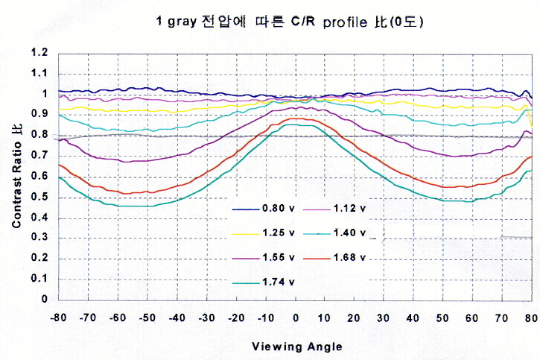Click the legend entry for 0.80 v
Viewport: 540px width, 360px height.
[x=264, y=209]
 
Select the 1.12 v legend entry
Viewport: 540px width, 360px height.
[x=334, y=209]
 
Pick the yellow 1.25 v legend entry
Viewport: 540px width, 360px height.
[x=264, y=233]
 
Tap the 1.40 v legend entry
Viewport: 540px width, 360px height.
[x=334, y=233]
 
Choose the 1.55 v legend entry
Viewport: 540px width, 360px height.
[x=264, y=257]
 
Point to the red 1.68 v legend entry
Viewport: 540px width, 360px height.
[x=334, y=257]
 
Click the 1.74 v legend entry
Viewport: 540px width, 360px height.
[x=264, y=282]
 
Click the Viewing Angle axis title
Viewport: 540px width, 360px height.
[x=297, y=347]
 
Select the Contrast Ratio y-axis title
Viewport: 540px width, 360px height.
[x=17, y=176]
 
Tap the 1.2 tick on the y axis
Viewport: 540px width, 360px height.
[x=39, y=52]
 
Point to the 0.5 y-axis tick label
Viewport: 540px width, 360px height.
[x=39, y=197]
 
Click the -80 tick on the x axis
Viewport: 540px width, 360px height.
[x=58, y=318]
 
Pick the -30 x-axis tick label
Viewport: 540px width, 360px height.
[x=206, y=318]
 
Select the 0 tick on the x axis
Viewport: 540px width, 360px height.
[x=296, y=318]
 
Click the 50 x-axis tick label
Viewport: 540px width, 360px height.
[x=442, y=318]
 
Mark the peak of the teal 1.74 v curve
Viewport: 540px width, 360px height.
[x=296, y=124]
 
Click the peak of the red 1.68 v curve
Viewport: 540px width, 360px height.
[x=296, y=119]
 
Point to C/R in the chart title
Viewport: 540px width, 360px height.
[x=303, y=22]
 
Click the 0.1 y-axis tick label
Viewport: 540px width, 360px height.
[x=39, y=278]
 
